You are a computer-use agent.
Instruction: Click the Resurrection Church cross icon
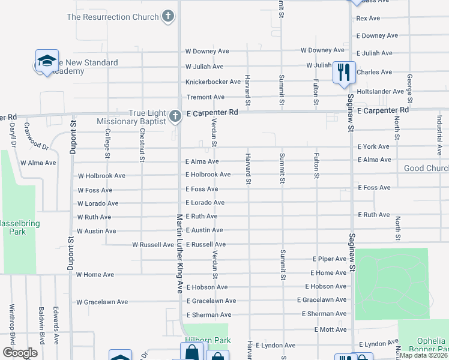click(169, 17)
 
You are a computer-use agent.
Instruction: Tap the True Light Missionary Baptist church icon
click(175, 116)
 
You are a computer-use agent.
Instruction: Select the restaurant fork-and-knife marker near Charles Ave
click(344, 73)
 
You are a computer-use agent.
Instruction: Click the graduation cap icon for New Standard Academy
click(47, 61)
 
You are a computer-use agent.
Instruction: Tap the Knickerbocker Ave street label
click(213, 82)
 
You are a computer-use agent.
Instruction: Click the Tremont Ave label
click(205, 97)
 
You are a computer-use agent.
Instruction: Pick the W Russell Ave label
click(153, 245)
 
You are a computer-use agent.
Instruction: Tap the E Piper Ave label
click(330, 259)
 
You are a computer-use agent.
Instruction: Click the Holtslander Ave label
click(380, 92)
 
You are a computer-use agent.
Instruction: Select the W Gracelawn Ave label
click(102, 302)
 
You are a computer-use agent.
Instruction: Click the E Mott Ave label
click(330, 330)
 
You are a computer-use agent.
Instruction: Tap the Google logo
click(20, 353)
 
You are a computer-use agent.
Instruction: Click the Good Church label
click(426, 169)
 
